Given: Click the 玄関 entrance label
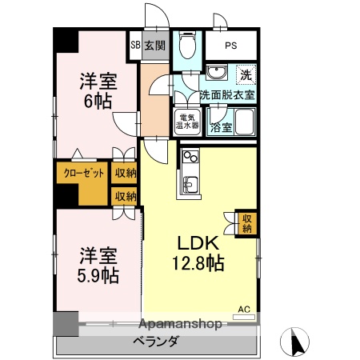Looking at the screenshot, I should point(154,46).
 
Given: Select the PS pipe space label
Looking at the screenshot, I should point(230,46).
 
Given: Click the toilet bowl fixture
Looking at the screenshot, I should point(187,46).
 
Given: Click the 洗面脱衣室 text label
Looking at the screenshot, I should point(227,94).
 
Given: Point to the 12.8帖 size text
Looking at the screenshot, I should point(195,262).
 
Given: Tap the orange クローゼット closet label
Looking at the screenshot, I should point(80,171).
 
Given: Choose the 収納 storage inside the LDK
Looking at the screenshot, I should point(246,222).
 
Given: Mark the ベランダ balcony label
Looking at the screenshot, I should point(156,342).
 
